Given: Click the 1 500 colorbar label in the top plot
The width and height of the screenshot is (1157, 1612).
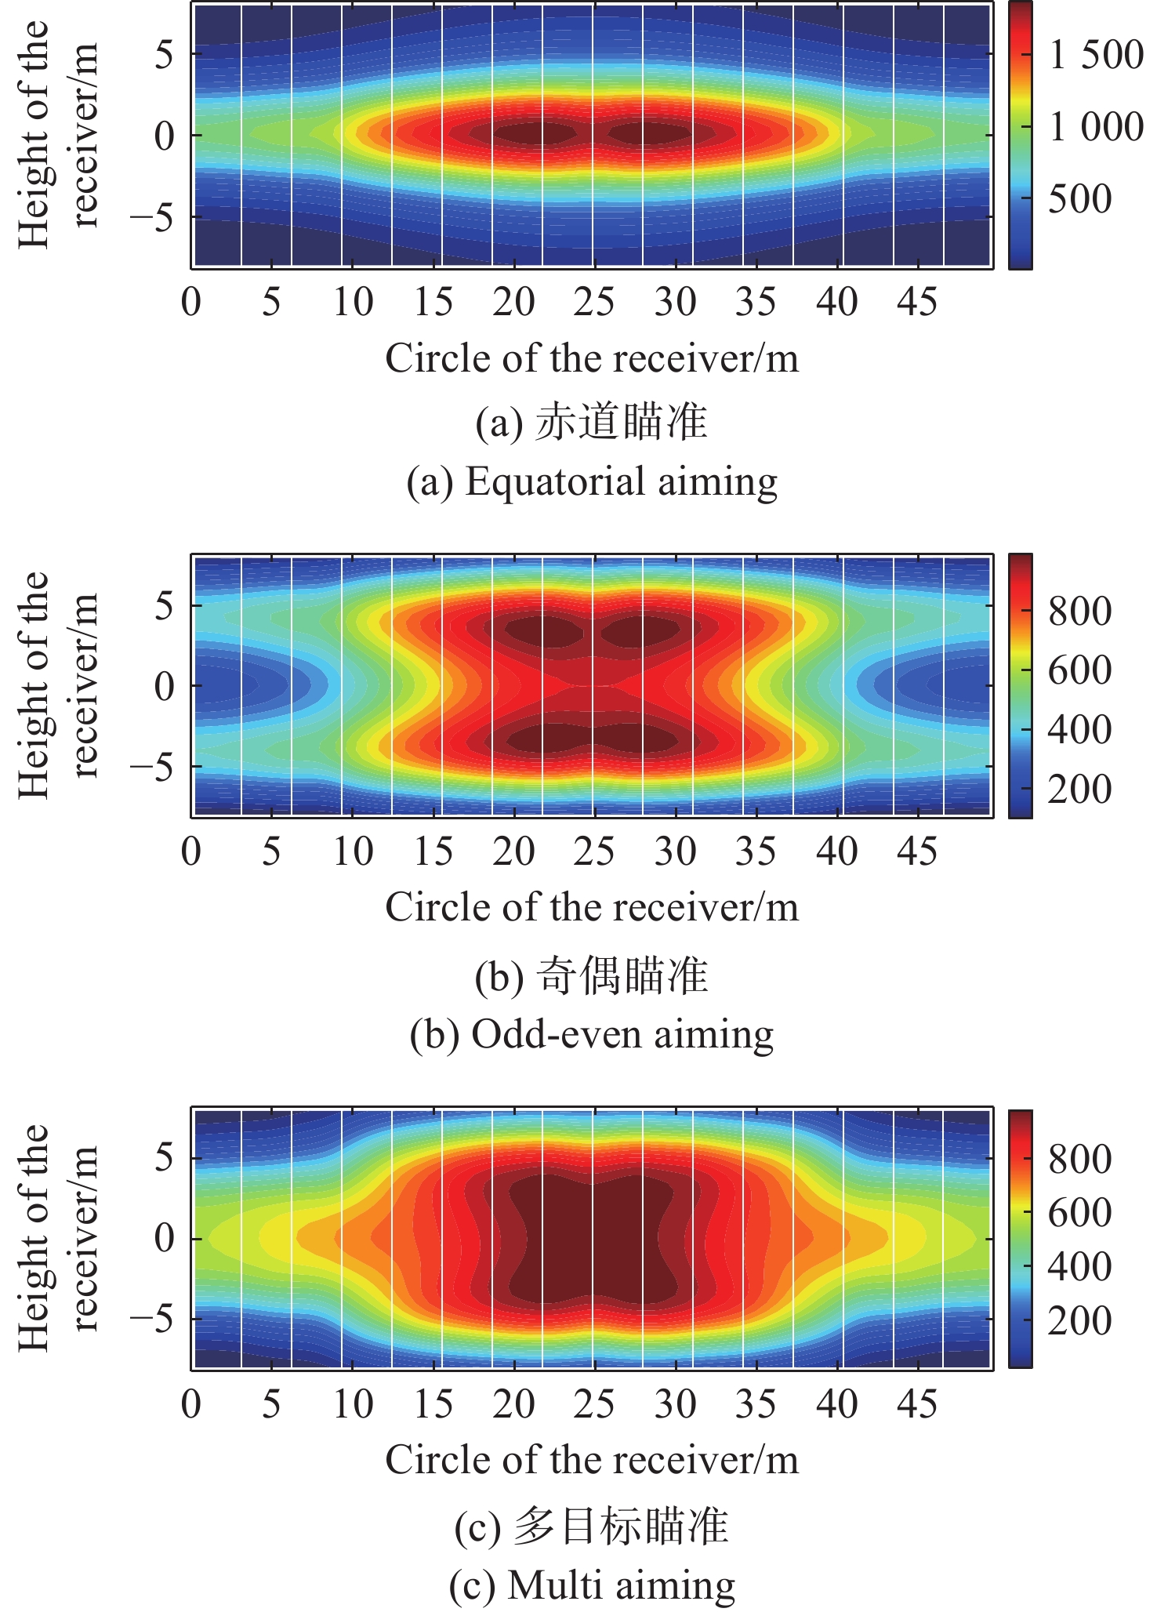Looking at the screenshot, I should pos(1096,55).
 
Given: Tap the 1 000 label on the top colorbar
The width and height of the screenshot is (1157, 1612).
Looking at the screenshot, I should pos(1096,126).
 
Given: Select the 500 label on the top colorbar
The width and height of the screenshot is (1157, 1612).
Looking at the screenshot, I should pos(1079,198).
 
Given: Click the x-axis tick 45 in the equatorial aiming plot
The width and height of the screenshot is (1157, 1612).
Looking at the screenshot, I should pos(917,302).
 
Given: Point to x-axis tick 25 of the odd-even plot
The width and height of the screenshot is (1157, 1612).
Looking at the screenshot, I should pos(594,851).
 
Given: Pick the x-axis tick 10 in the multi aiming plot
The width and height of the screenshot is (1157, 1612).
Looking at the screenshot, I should pos(353,1403).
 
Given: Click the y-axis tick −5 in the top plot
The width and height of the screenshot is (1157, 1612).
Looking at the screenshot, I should pos(152,217).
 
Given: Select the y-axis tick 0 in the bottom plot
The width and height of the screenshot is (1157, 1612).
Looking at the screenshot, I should pos(164,1238).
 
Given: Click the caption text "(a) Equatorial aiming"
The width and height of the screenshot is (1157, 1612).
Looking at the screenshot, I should pos(592,481).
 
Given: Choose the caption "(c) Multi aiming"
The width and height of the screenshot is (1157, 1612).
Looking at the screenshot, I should pos(592,1585).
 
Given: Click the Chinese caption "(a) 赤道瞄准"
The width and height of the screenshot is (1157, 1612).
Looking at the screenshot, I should pos(592,423).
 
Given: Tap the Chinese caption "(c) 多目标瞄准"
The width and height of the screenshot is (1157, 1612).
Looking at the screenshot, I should pos(592,1526).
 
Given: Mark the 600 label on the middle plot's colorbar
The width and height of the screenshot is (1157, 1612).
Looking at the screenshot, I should pos(1079,670).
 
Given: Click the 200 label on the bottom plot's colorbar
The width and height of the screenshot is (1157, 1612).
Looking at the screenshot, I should pos(1079,1320).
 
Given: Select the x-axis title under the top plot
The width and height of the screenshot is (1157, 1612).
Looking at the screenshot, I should pos(592,359).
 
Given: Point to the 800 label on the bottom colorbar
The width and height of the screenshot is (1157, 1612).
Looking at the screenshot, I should pos(1079,1159).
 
